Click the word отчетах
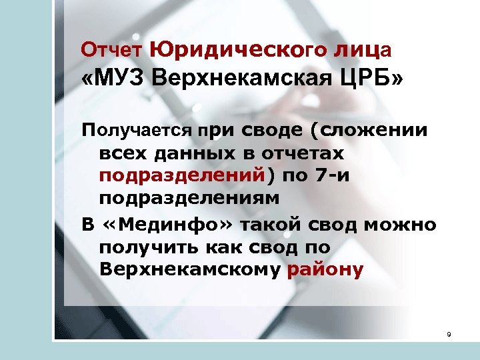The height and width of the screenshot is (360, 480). coord(306,153)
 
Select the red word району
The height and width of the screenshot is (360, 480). coord(326,270)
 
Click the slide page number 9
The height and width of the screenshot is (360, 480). coord(449,334)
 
